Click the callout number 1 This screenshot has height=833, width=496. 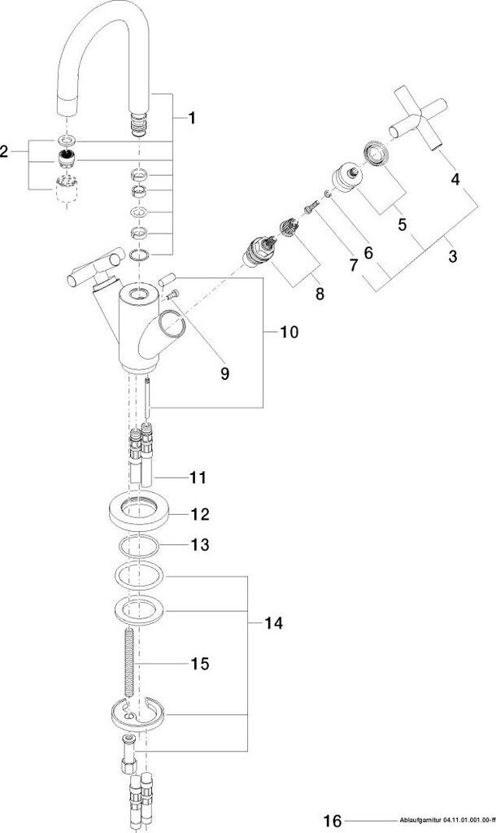tap(191, 118)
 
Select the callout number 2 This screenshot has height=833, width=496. tap(4, 152)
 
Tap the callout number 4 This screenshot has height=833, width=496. tap(455, 180)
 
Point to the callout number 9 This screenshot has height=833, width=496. tap(224, 373)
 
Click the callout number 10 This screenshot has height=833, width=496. tap(289, 333)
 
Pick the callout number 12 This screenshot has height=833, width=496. tap(200, 514)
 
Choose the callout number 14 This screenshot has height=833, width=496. tap(274, 622)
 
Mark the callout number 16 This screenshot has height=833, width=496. tap(333, 820)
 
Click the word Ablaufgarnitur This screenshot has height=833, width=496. tap(414, 820)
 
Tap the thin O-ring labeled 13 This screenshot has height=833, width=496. tap(138, 546)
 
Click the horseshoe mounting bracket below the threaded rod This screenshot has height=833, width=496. tap(140, 713)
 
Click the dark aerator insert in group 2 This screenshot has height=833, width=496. tap(67, 158)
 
